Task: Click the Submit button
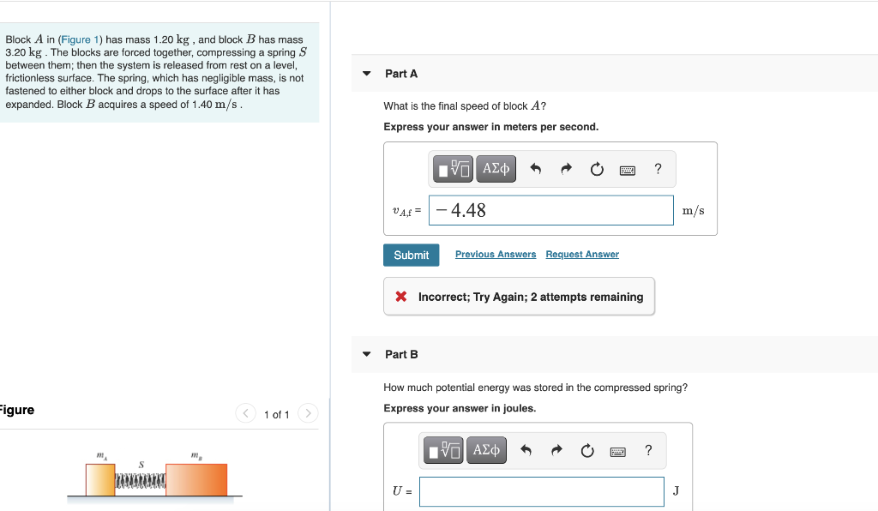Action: [411, 255]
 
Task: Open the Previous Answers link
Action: [495, 255]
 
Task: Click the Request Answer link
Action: [582, 255]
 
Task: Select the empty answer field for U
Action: [541, 491]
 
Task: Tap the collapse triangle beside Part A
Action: [367, 74]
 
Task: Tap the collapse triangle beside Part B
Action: [367, 354]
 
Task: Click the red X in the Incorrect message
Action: [400, 297]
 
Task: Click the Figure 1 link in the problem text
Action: [80, 39]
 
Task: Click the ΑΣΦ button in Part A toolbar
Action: [496, 169]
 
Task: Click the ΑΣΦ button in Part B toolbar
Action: [486, 450]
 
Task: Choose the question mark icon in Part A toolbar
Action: [658, 169]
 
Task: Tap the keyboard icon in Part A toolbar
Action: [628, 170]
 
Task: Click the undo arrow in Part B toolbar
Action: [526, 450]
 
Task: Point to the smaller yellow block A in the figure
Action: [100, 480]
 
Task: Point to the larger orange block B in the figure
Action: [196, 480]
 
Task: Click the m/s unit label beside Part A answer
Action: [694, 211]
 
